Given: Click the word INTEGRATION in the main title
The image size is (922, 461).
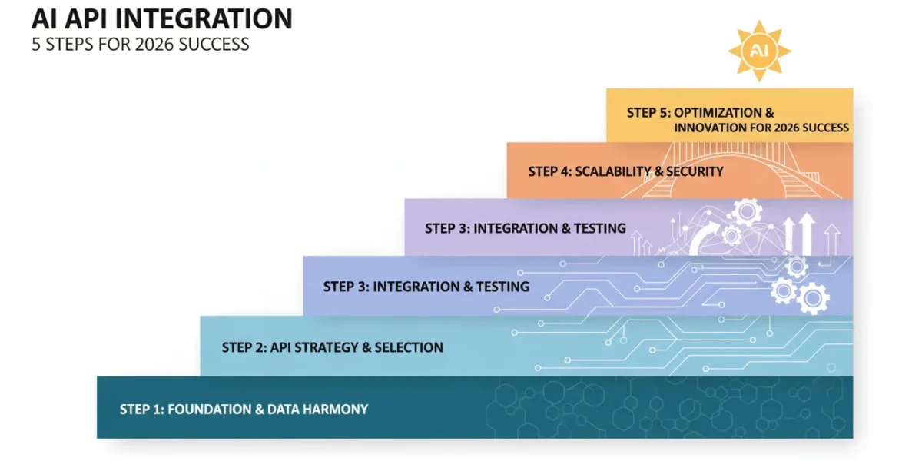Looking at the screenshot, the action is (x=204, y=19).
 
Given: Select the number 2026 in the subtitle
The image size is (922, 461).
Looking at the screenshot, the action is (x=154, y=45).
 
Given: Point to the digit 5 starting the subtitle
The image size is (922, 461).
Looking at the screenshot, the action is (x=36, y=45).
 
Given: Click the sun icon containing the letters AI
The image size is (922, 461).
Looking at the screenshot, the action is (x=759, y=51).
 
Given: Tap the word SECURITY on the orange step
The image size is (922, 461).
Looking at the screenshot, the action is (x=695, y=171).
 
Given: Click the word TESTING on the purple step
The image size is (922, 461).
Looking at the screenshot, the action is (x=600, y=228).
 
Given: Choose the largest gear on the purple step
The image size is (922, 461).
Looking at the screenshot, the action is (x=747, y=211).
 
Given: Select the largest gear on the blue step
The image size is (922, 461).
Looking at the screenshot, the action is (x=813, y=298).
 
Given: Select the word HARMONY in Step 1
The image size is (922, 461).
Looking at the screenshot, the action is (x=335, y=410).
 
